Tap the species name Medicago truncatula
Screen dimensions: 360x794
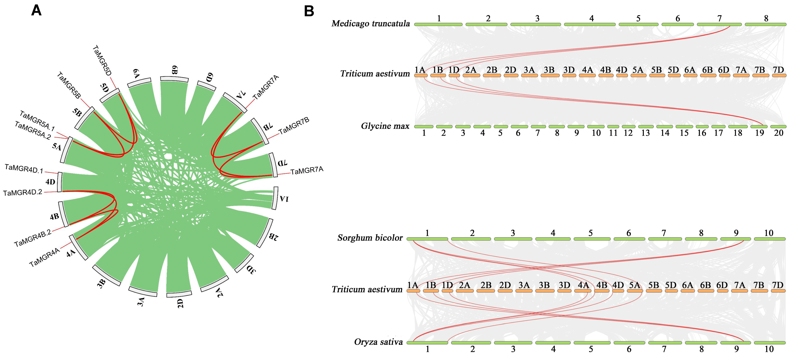(371, 23)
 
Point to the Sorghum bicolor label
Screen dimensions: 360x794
(370, 238)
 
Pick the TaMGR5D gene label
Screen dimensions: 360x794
(102, 60)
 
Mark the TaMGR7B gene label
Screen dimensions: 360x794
(294, 126)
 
